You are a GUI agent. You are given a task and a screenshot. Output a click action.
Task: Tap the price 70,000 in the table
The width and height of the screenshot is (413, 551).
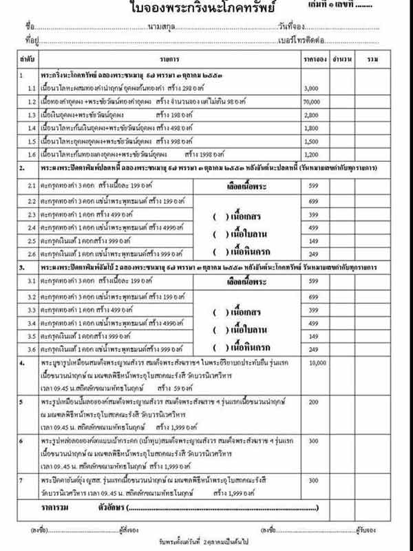pyautogui.click(x=313, y=101)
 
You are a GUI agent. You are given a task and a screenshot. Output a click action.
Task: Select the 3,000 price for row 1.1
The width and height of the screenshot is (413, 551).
pyautogui.click(x=311, y=90)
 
